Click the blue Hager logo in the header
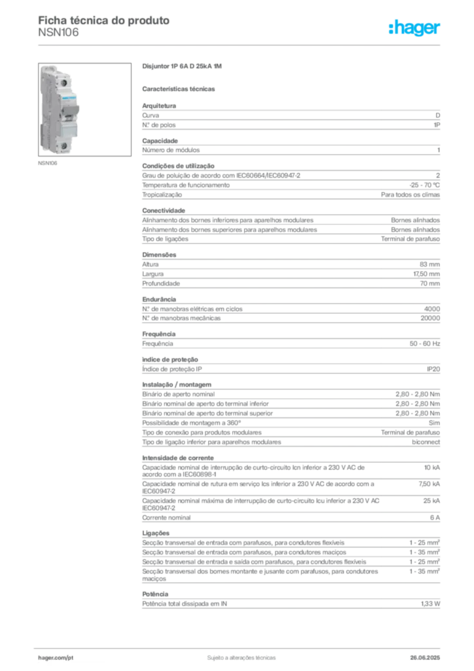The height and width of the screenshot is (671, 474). pos(416,28)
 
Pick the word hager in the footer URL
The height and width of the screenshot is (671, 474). pos(48,657)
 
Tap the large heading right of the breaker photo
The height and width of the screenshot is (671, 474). pos(183,67)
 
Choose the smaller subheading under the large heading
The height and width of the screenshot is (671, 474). pos(181,87)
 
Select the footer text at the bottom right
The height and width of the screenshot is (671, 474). pos(429,654)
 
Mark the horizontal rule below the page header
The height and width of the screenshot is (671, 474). pos(241,44)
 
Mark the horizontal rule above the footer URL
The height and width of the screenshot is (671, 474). pos(241,646)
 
